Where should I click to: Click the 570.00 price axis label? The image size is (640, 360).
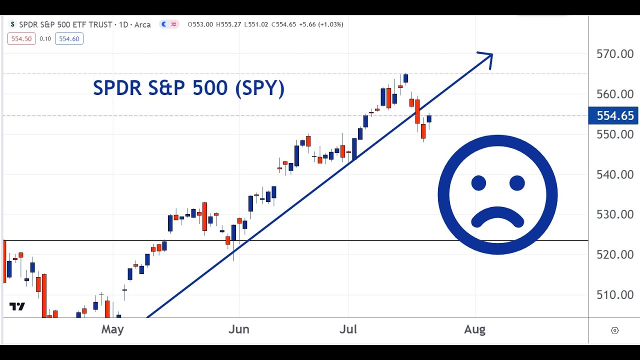[x=615, y=54]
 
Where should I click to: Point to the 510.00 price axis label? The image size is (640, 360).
[x=615, y=295]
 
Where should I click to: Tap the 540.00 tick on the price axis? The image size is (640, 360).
[x=615, y=174]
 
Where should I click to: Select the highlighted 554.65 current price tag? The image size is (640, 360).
[x=614, y=116]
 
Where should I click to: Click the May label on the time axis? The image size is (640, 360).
[x=112, y=329]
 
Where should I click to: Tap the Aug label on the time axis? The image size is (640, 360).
[x=474, y=329]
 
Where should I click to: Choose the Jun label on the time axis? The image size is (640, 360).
[x=239, y=329]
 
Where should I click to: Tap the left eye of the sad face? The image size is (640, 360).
[x=478, y=183]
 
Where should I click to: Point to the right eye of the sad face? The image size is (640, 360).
[x=517, y=183]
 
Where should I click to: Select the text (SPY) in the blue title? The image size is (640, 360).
[x=259, y=88]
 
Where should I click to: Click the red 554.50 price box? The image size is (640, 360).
[x=21, y=39]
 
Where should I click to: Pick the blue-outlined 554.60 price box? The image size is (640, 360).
[x=69, y=39]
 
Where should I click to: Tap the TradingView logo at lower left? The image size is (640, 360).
[x=17, y=306]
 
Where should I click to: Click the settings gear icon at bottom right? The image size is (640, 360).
[x=615, y=330]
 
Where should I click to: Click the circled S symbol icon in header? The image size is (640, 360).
[x=12, y=24]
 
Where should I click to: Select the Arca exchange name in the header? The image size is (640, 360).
[x=142, y=24]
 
